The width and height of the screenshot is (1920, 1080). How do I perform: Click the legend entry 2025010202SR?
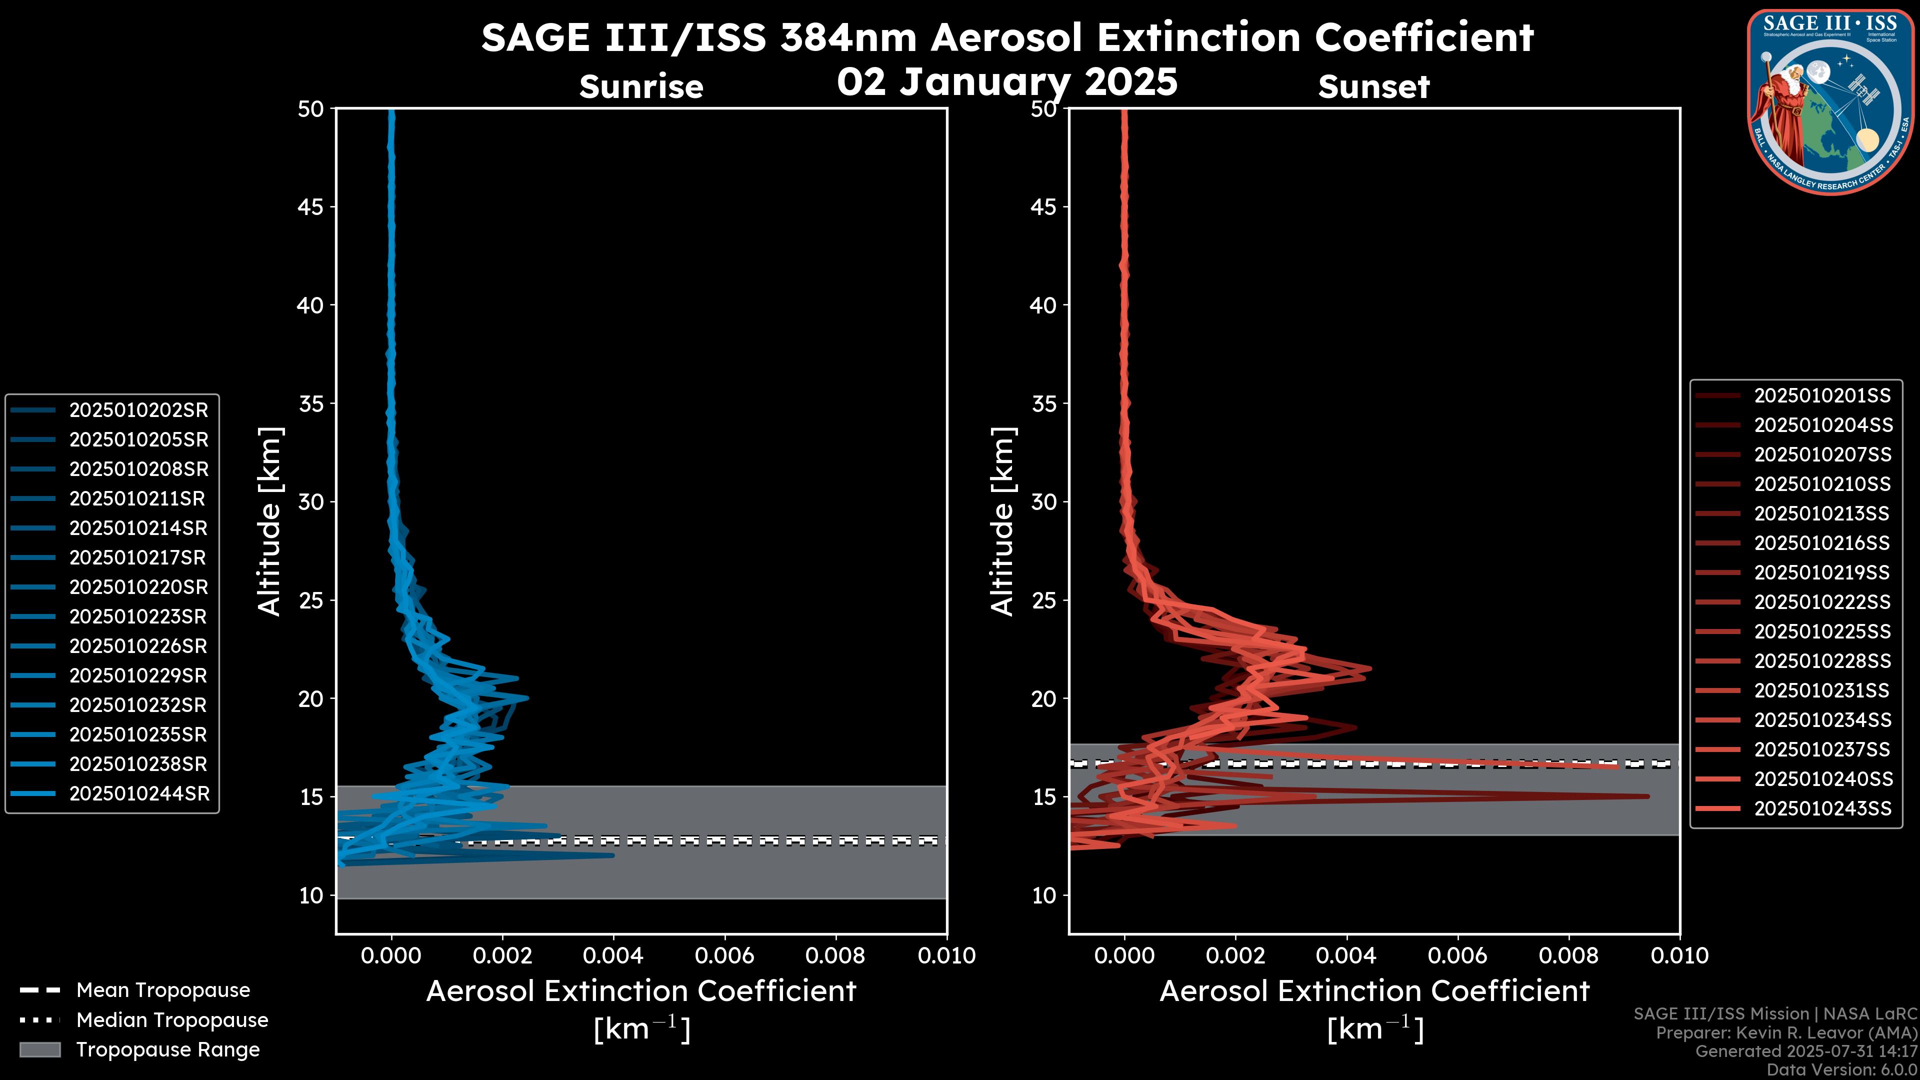pos(138,410)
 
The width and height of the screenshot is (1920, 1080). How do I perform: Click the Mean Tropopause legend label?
pos(163,990)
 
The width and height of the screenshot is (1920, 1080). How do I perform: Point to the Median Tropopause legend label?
pos(172,1020)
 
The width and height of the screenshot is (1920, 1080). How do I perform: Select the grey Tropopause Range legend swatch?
pos(39,1050)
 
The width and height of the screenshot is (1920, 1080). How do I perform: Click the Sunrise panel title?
pos(641,87)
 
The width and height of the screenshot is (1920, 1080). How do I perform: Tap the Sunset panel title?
pos(1373,87)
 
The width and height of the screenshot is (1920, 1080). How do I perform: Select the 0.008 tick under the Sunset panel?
pos(1569,955)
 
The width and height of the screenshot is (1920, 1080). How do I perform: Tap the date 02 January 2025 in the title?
pos(1007,82)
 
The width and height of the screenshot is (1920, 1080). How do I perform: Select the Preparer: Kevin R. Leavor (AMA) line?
pos(1786,1033)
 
